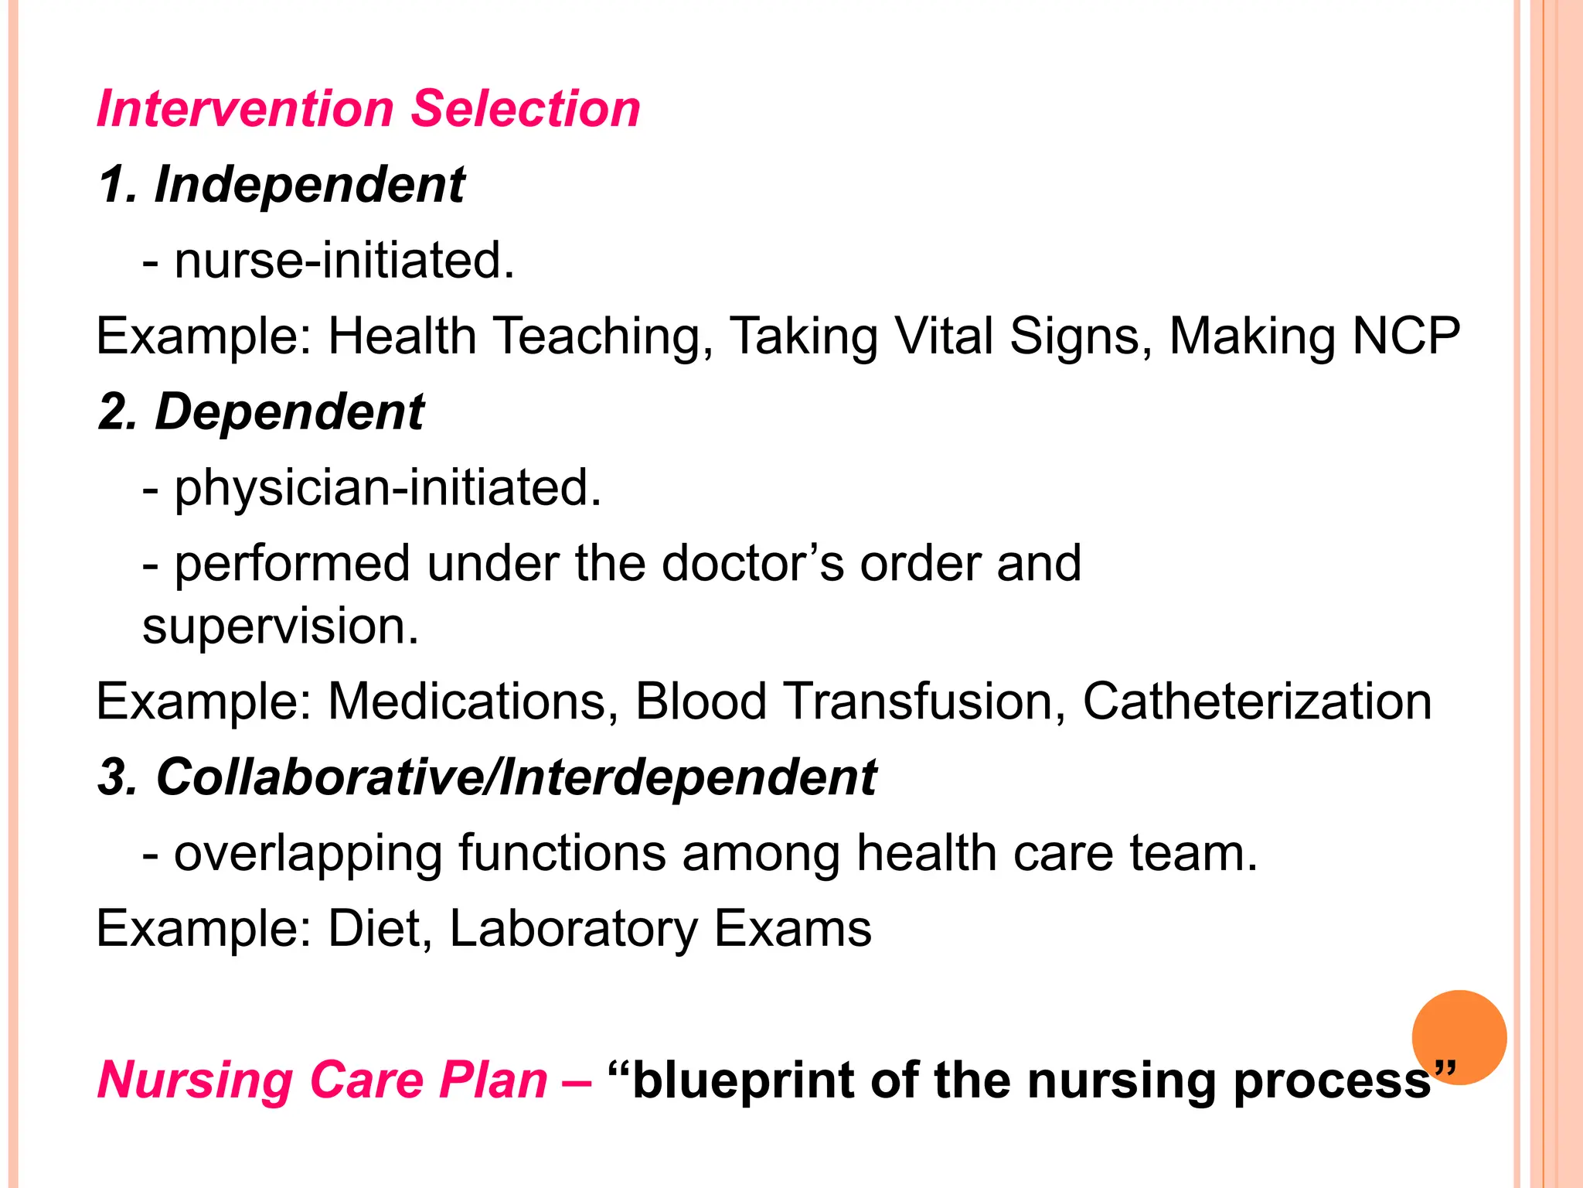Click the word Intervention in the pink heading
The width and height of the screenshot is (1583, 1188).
coord(245,108)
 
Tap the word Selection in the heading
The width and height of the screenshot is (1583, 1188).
coord(525,108)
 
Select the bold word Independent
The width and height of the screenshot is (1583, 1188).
coord(309,185)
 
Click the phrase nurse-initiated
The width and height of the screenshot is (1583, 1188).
coord(344,260)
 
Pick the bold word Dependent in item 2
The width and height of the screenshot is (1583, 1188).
coord(289,411)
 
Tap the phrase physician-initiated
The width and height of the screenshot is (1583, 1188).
coord(387,488)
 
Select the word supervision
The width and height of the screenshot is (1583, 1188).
coord(280,626)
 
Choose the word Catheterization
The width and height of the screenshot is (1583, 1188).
coord(1257,702)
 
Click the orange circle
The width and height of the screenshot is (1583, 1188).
coord(1459,1036)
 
